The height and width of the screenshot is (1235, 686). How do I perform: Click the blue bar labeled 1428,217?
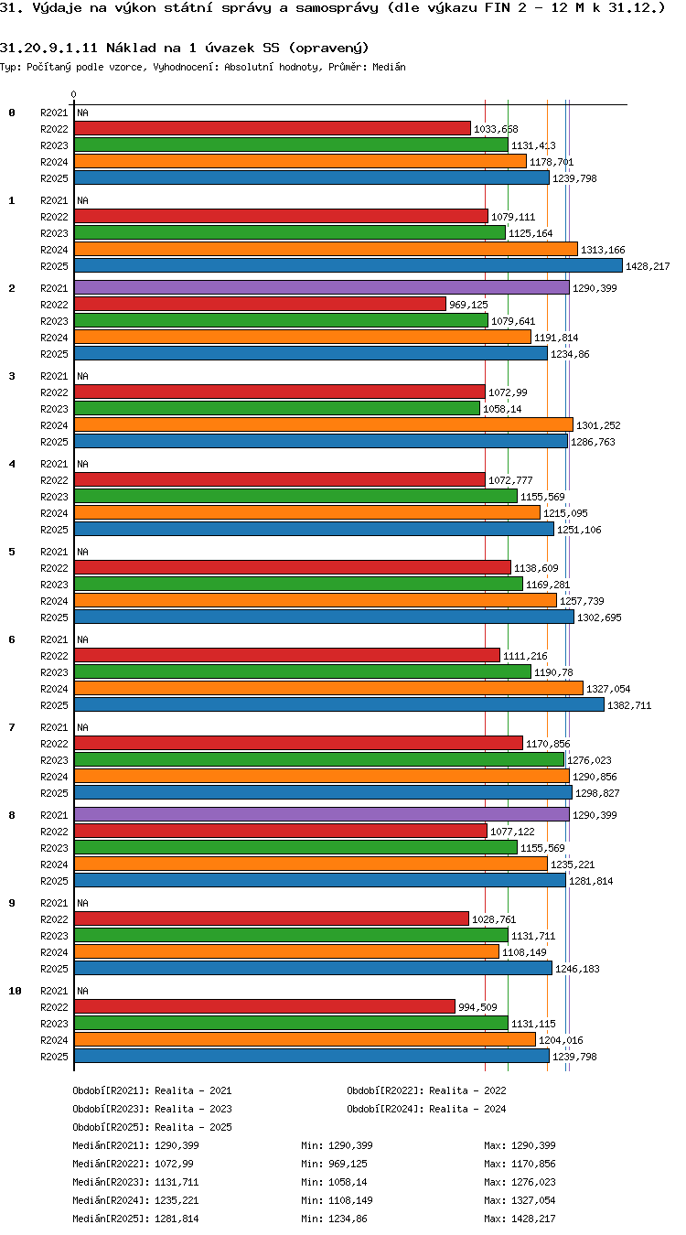pos(348,265)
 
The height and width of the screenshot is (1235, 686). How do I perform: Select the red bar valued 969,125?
pos(260,305)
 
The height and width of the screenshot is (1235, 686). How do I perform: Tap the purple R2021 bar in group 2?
pos(321,288)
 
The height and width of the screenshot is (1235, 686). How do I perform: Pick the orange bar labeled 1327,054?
pos(328,688)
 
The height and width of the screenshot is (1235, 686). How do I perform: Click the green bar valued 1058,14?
pos(277,409)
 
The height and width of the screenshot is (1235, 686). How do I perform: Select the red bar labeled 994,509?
pos(264,1006)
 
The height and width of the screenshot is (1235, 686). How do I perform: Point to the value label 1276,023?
pos(589,760)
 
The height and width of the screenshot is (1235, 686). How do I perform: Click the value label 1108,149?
pos(524,952)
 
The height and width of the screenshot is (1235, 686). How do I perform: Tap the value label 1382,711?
pos(629,705)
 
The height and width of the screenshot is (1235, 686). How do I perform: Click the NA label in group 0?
pos(82,113)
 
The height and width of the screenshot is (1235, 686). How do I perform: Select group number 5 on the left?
pos(12,552)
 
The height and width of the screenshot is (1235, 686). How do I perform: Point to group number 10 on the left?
pos(15,991)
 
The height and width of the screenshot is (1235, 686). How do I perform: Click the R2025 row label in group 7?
pos(54,793)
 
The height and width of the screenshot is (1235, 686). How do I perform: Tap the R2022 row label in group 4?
pos(54,480)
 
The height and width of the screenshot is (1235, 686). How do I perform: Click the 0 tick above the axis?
pos(73,95)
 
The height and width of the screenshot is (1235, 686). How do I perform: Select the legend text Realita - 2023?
pos(193,1109)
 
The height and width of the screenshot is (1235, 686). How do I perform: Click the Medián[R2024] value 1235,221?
pos(177,1200)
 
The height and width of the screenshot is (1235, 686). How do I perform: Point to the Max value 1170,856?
pos(533,1164)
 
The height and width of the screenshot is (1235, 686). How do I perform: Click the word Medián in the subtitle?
pos(389,68)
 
